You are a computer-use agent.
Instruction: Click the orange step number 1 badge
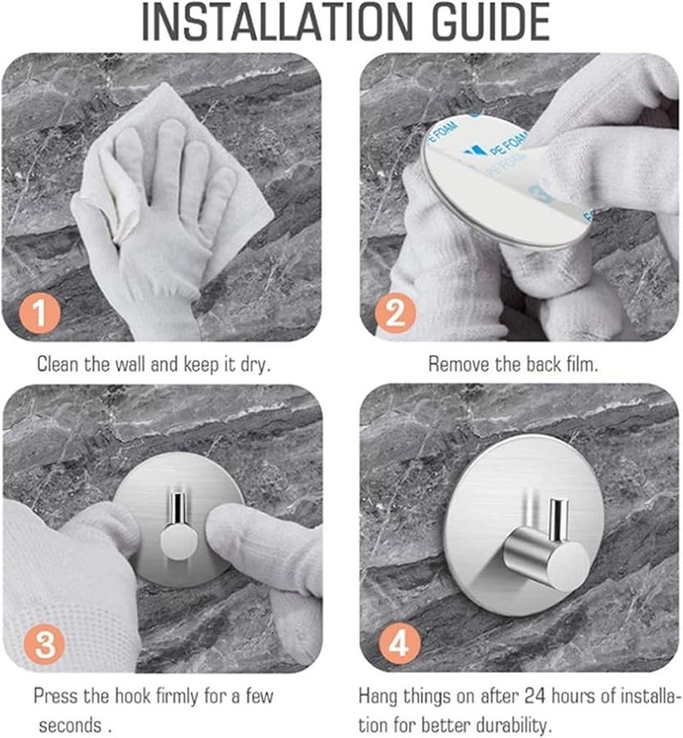tap(39, 313)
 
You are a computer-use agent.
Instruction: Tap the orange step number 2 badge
tap(395, 313)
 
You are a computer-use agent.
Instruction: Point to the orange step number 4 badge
tap(400, 643)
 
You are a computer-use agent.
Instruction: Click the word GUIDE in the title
tap(491, 22)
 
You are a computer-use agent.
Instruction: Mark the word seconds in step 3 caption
tap(70, 725)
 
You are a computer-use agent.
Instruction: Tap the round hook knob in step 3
tap(177, 542)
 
